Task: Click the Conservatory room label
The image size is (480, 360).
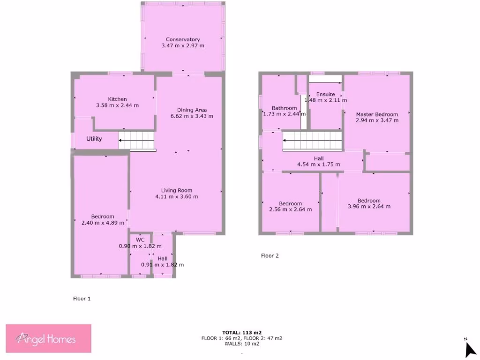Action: pyautogui.click(x=183, y=39)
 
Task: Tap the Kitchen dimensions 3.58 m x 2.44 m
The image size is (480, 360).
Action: pyautogui.click(x=117, y=105)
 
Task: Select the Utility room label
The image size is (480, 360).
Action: pyautogui.click(x=94, y=139)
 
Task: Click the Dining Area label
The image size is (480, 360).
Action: pyautogui.click(x=192, y=110)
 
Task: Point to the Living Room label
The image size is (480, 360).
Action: pyautogui.click(x=177, y=190)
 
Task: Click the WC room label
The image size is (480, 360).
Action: pyautogui.click(x=140, y=240)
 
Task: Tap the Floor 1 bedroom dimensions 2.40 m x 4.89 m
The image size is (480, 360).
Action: pyautogui.click(x=103, y=223)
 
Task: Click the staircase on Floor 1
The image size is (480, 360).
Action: pyautogui.click(x=136, y=139)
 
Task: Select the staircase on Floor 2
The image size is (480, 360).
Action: pyautogui.click(x=313, y=141)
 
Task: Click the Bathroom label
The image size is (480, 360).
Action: pyautogui.click(x=285, y=108)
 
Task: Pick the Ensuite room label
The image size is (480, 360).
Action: pyautogui.click(x=325, y=94)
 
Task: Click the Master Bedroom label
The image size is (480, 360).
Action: pyautogui.click(x=377, y=114)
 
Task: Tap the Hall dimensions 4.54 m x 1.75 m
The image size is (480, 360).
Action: pyautogui.click(x=319, y=165)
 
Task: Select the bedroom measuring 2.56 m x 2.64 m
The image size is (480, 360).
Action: pyautogui.click(x=291, y=206)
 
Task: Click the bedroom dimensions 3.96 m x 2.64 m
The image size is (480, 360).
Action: pyautogui.click(x=369, y=206)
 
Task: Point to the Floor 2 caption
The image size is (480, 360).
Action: pyautogui.click(x=270, y=256)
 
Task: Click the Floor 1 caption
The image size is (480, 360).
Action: pyautogui.click(x=82, y=299)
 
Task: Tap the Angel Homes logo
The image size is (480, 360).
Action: pyautogui.click(x=48, y=338)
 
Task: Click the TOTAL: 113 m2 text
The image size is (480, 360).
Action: pyautogui.click(x=242, y=333)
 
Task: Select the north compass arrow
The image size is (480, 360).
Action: pyautogui.click(x=470, y=349)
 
